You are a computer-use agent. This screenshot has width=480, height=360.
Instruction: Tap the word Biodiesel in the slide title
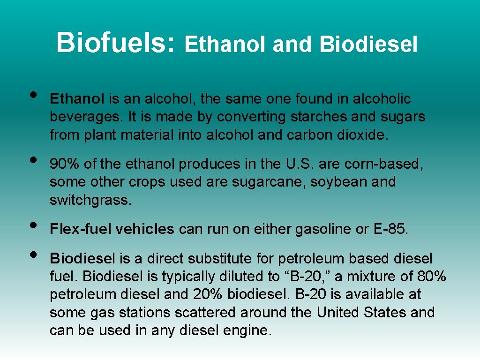(368, 45)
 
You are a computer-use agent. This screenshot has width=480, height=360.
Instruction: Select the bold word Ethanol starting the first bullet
(77, 99)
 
